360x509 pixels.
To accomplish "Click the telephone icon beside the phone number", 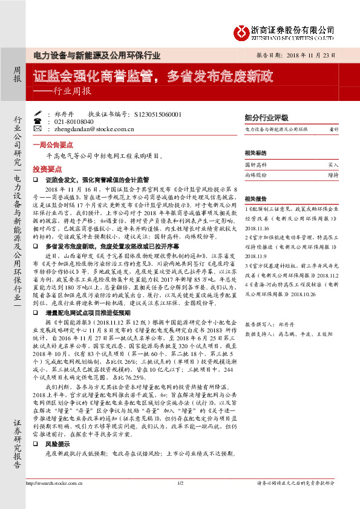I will [x=48, y=121].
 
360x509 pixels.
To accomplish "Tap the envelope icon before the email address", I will [x=48, y=129].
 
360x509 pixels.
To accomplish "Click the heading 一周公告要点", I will [x=50, y=145].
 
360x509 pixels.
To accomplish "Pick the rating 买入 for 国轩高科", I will [x=333, y=164].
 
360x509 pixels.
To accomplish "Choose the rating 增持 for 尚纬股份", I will [x=333, y=174].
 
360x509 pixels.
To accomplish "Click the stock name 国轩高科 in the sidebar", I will [x=255, y=164].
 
